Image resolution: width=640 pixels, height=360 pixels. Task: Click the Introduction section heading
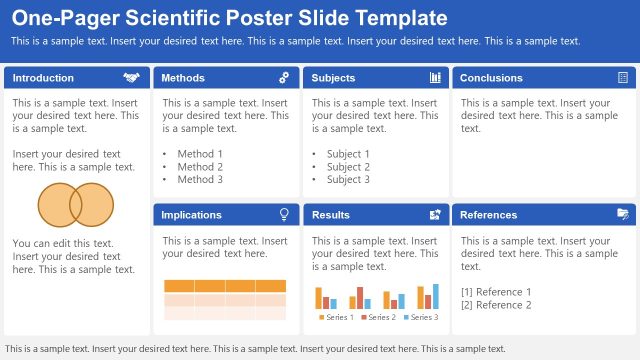pos(43,78)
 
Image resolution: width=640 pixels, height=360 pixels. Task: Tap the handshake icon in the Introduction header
pos(131,78)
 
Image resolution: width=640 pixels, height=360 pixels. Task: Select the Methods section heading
pos(183,78)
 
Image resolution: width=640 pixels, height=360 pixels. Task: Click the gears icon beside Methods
pos(284,78)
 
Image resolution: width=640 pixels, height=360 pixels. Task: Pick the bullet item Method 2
pos(200,167)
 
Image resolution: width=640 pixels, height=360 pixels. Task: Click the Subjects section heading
pos(333,78)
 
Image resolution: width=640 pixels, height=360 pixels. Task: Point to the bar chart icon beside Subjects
pos(435,78)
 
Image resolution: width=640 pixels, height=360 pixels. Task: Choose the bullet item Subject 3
pos(348,180)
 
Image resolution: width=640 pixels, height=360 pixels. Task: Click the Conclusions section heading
pos(491,78)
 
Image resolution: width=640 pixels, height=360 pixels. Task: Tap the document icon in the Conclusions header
pos(623,78)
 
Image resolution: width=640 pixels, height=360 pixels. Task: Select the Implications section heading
pos(191,215)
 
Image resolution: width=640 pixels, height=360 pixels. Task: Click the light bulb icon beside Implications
pos(284,214)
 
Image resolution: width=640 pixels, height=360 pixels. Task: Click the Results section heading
pos(331,215)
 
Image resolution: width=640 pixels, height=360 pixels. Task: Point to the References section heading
pos(489,215)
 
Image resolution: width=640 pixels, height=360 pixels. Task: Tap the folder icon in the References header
pos(623,214)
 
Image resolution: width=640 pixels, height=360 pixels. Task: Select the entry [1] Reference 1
pos(496,292)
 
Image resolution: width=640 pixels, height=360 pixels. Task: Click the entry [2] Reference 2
pos(496,305)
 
